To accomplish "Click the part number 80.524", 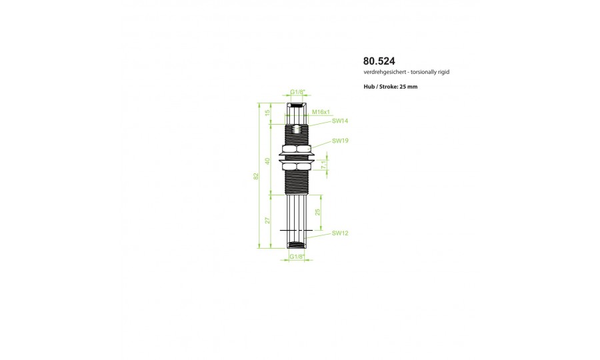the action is tap(379, 61).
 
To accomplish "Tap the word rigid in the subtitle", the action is tap(443, 72).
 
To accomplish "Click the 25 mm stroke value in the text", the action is tap(408, 87).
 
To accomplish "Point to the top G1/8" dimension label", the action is tap(297, 92).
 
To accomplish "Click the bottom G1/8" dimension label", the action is tap(297, 256).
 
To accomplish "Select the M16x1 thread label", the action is tap(321, 112).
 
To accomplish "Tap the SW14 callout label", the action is tap(340, 121).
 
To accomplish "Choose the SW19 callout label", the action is tap(340, 141).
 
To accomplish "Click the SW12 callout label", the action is tap(340, 233).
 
